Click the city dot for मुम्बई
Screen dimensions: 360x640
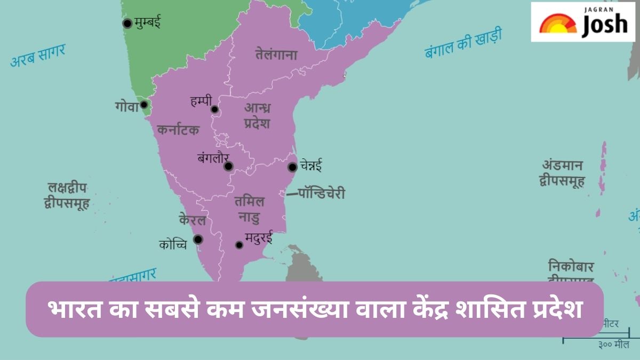point(127,23)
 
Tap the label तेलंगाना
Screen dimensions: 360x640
point(276,54)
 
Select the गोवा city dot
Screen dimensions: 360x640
point(143,105)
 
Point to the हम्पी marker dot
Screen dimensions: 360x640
point(214,110)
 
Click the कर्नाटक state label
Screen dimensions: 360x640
point(179,130)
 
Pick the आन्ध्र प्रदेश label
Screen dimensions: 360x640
point(257,115)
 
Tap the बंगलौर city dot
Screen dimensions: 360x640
point(228,166)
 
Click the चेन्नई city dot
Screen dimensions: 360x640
point(292,167)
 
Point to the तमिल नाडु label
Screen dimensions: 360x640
point(250,209)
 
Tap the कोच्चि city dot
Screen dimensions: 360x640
point(198,239)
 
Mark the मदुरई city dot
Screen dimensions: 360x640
point(239,245)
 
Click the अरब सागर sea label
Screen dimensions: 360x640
point(38,56)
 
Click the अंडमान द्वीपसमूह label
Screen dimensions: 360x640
point(562,173)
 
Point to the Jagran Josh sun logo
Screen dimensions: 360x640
point(557,24)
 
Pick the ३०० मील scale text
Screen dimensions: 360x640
point(614,345)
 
